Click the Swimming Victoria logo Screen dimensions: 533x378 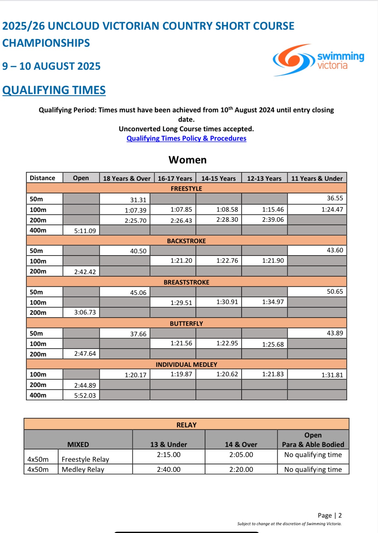[318, 60]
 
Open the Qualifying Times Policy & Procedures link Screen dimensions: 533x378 [186, 138]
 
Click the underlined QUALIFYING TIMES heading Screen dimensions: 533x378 [54, 90]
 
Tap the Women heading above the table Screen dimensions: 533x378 [187, 160]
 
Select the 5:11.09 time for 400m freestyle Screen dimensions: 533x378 [85, 231]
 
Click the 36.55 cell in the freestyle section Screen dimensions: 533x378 [335, 198]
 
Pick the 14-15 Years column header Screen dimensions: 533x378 [218, 179]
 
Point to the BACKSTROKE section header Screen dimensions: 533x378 [186, 241]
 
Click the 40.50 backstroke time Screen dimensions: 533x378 [138, 251]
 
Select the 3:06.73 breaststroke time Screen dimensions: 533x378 [85, 312]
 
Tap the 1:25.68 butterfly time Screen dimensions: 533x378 [273, 344]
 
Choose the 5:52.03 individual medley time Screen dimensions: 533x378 [85, 395]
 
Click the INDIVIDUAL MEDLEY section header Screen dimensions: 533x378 [186, 365]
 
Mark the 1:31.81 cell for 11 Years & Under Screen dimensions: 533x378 [332, 375]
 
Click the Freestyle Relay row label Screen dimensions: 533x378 [85, 459]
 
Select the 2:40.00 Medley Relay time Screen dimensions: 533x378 [168, 469]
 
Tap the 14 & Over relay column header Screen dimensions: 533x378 [241, 444]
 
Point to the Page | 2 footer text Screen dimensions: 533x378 [329, 515]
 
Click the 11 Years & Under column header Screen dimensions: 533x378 [316, 179]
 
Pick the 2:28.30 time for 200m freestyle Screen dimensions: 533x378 [227, 220]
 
